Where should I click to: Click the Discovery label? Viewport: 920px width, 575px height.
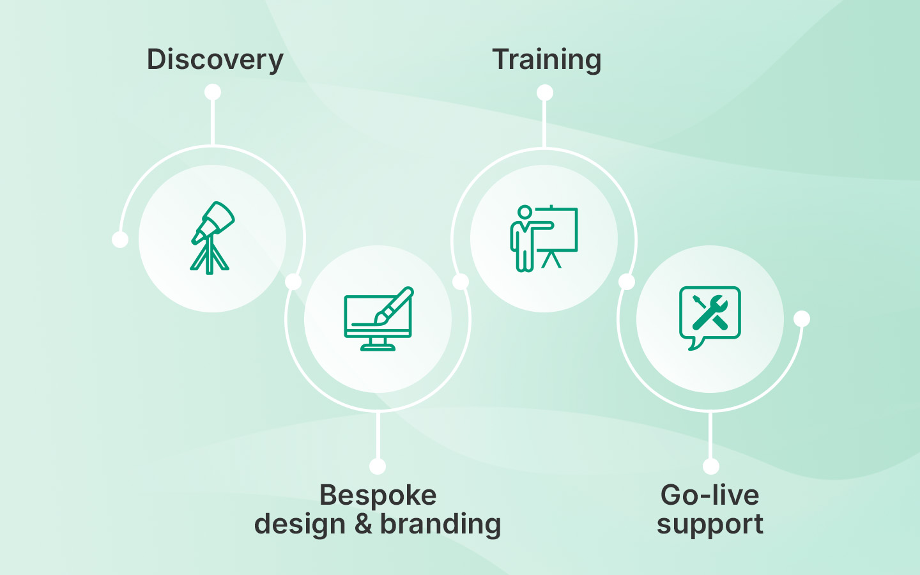[x=215, y=60]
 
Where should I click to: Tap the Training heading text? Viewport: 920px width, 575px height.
[x=547, y=60]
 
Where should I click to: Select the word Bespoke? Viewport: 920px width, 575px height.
[x=378, y=495]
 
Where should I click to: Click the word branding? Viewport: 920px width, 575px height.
[x=440, y=524]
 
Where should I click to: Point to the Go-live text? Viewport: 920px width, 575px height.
[x=710, y=495]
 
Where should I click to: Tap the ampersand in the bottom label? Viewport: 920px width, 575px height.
[x=363, y=524]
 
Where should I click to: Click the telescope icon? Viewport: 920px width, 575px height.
[x=212, y=238]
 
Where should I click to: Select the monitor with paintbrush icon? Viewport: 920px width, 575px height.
[x=379, y=318]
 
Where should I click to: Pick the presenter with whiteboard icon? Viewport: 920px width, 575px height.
[x=544, y=238]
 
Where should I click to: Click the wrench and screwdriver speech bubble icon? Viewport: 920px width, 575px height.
[x=710, y=318]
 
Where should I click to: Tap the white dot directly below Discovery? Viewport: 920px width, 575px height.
[x=213, y=92]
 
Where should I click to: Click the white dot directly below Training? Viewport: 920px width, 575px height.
[x=544, y=93]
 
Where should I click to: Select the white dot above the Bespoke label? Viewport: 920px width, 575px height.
[x=378, y=466]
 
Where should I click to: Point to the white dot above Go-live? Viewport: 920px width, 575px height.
[x=710, y=466]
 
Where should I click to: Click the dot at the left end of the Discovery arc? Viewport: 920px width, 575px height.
[x=120, y=240]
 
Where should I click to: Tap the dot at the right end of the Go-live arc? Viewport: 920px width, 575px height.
[x=801, y=319]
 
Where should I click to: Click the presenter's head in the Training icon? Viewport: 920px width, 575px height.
[x=525, y=212]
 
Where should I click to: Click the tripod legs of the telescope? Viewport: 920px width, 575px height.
[x=210, y=255]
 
